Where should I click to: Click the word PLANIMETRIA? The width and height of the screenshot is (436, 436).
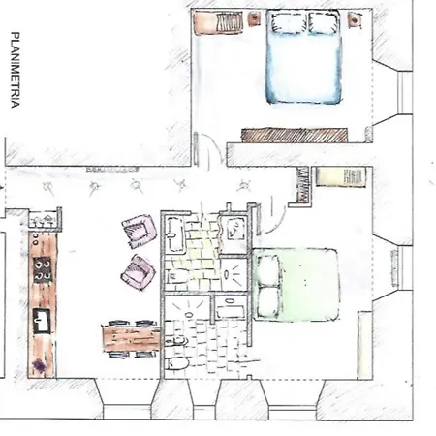15,72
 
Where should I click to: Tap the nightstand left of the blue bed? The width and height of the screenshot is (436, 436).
254,18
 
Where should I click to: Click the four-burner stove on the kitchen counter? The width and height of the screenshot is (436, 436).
43,268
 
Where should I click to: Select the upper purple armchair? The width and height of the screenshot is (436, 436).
139,232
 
